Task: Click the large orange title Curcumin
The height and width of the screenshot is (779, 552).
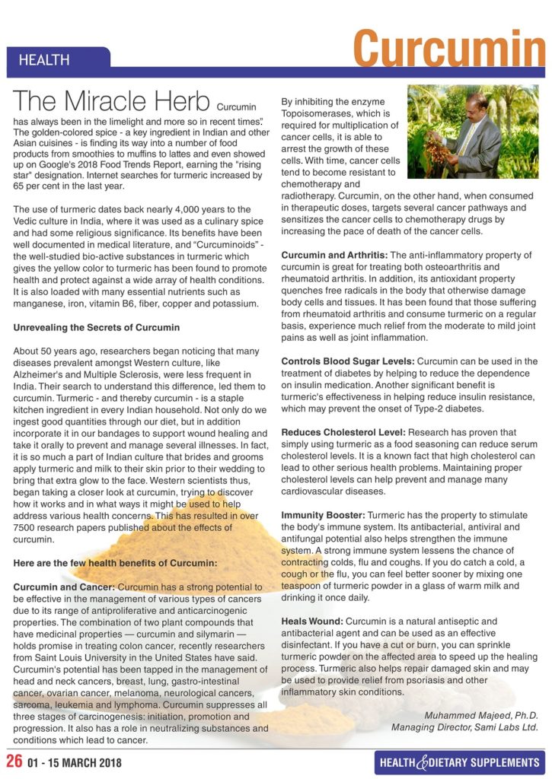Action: click(448, 48)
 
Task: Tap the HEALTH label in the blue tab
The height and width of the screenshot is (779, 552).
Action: click(44, 60)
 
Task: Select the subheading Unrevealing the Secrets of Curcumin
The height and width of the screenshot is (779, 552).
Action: click(97, 327)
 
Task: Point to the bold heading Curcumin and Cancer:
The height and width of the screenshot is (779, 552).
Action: click(65, 587)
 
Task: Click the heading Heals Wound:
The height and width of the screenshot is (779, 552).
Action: click(312, 622)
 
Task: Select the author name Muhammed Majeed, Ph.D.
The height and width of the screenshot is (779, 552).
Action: click(480, 714)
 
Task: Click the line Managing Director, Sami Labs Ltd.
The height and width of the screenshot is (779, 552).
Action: click(464, 727)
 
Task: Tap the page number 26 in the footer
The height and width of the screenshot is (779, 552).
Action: click(14, 761)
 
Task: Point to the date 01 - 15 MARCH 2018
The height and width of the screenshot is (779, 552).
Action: click(74, 762)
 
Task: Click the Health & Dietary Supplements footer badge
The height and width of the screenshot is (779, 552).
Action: click(459, 762)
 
